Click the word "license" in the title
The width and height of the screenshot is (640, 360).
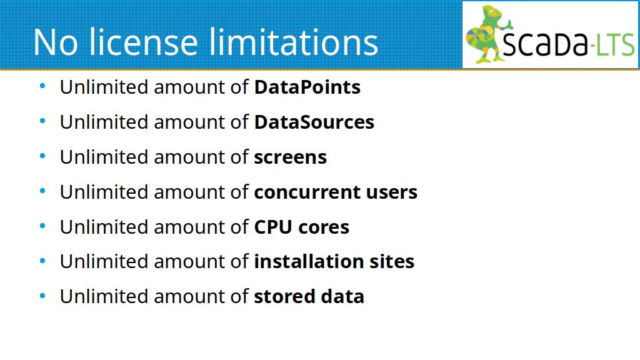tap(143, 42)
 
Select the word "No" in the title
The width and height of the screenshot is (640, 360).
tap(56, 42)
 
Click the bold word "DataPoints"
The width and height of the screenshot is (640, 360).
tap(307, 87)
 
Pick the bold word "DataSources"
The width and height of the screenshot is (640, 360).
tap(314, 122)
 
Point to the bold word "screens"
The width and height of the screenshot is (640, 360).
tap(291, 157)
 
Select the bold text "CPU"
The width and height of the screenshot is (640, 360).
tap(273, 227)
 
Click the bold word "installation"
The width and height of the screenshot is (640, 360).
tap(309, 261)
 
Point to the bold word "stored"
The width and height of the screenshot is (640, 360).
tap(284, 296)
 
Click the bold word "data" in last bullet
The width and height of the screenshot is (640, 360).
tap(342, 296)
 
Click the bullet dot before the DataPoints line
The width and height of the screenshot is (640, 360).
tap(42, 86)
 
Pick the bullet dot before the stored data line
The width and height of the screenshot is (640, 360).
tap(42, 296)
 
